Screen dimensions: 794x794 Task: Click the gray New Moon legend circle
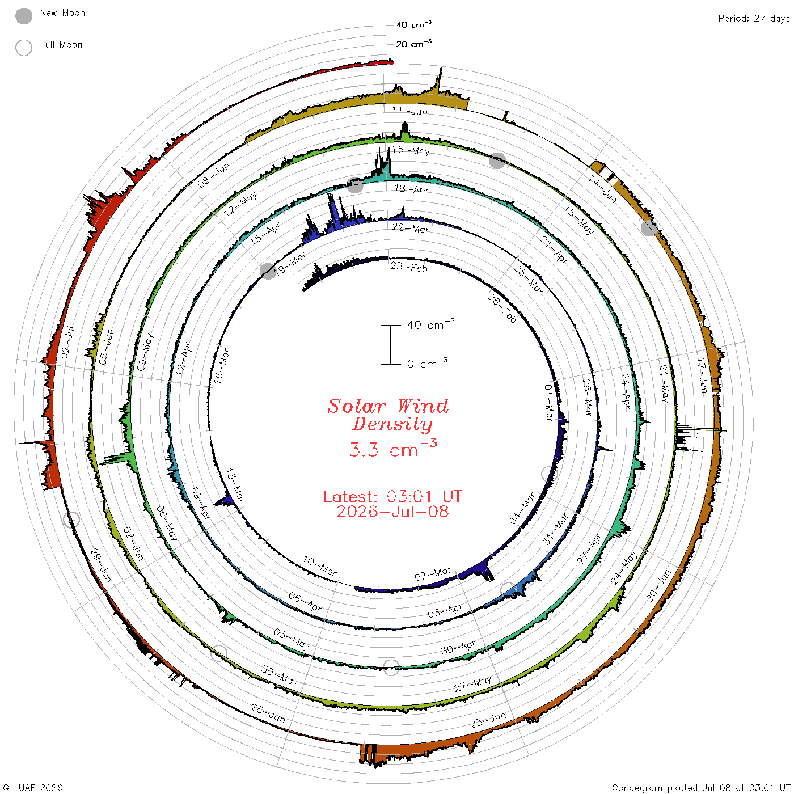click(x=23, y=16)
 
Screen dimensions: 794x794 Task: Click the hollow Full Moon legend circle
click(x=23, y=48)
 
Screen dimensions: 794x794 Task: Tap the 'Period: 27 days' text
click(x=754, y=19)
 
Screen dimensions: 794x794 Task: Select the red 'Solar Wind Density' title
click(x=388, y=415)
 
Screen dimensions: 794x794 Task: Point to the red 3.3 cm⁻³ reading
click(x=392, y=448)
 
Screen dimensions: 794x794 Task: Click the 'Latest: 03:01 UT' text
click(x=392, y=496)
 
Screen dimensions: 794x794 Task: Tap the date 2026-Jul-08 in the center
click(x=392, y=512)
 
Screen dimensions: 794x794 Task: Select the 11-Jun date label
click(x=409, y=111)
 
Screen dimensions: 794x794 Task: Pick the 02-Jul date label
click(x=67, y=342)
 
